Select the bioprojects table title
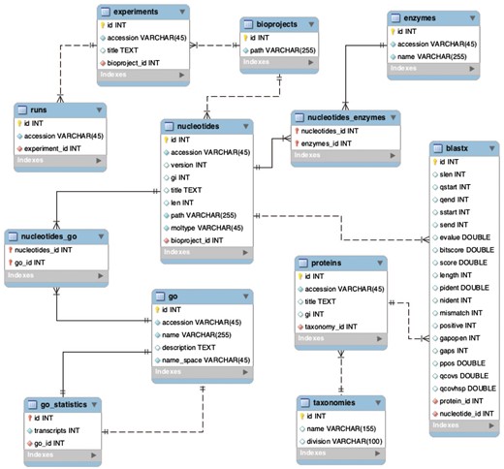pos(273,22)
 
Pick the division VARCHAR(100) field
pos(344,441)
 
